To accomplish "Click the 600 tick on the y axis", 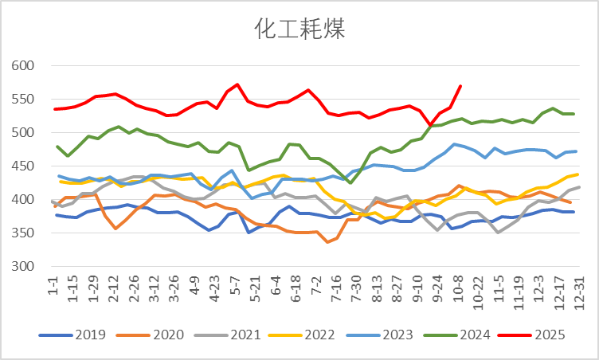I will (27, 66).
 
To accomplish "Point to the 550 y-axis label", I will (27, 100).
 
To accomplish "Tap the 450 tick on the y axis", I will (27, 166).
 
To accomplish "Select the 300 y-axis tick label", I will (27, 267).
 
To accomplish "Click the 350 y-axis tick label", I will (27, 233).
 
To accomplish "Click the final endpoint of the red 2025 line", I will (460, 86).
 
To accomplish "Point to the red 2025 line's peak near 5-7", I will (237, 84).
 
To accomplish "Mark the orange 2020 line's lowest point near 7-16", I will (328, 242).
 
